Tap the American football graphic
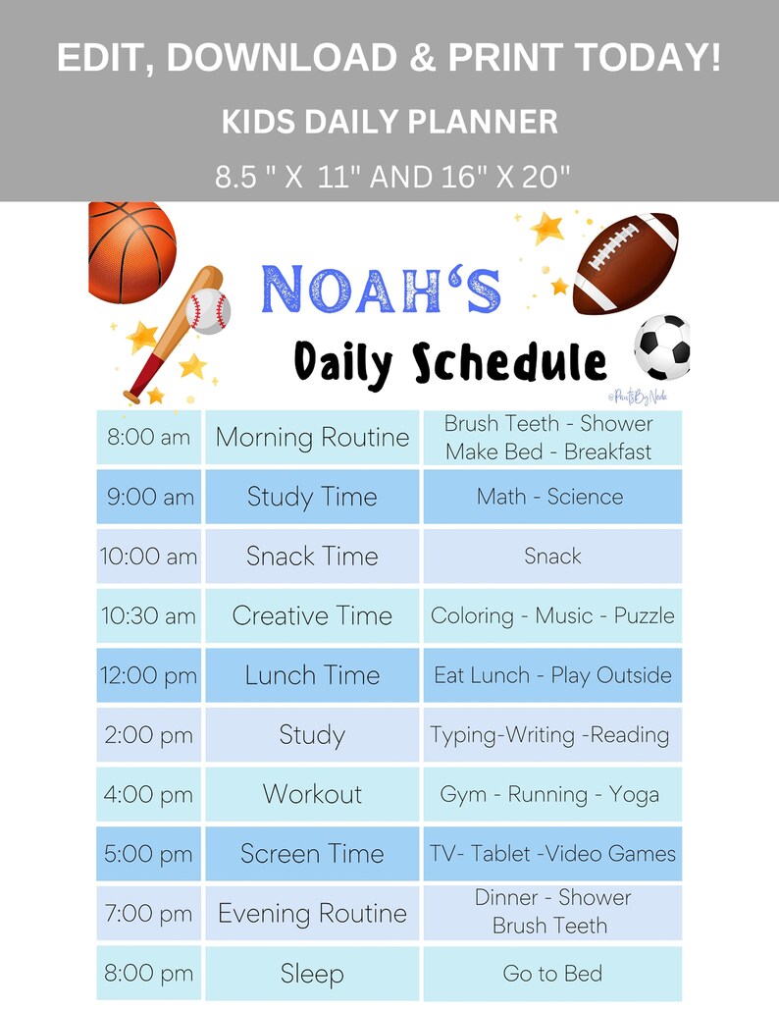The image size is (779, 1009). [x=626, y=263]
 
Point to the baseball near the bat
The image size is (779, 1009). [x=207, y=311]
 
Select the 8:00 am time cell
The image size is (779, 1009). [x=148, y=438]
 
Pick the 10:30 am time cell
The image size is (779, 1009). [x=148, y=616]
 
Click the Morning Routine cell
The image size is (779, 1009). [x=312, y=438]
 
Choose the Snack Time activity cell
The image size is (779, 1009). [x=312, y=557]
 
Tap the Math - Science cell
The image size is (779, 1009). [x=550, y=497]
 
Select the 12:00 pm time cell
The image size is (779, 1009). [x=148, y=676]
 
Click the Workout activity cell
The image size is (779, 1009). [x=312, y=794]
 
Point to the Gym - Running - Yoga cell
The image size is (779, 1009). [x=550, y=794]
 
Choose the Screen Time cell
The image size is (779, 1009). [x=312, y=854]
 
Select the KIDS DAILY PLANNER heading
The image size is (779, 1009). [x=389, y=122]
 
